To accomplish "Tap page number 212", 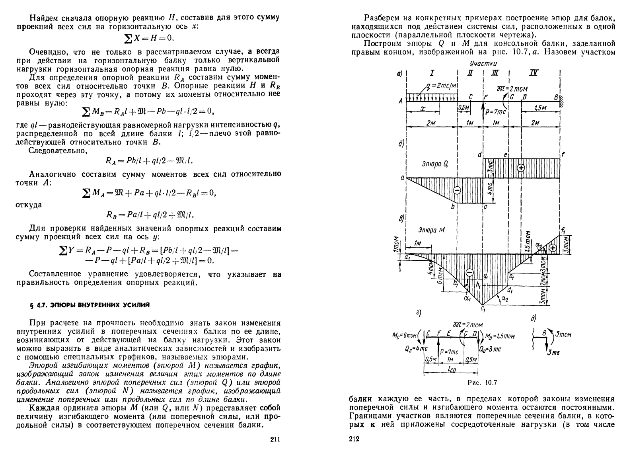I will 354,439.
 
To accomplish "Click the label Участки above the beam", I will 483,64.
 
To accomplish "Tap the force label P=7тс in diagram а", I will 495,112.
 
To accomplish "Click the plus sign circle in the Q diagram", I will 521,168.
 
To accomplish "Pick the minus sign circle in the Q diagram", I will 457,190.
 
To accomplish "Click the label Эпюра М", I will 432,230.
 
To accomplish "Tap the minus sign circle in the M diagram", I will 469,272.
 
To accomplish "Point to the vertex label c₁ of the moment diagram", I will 483,308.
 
